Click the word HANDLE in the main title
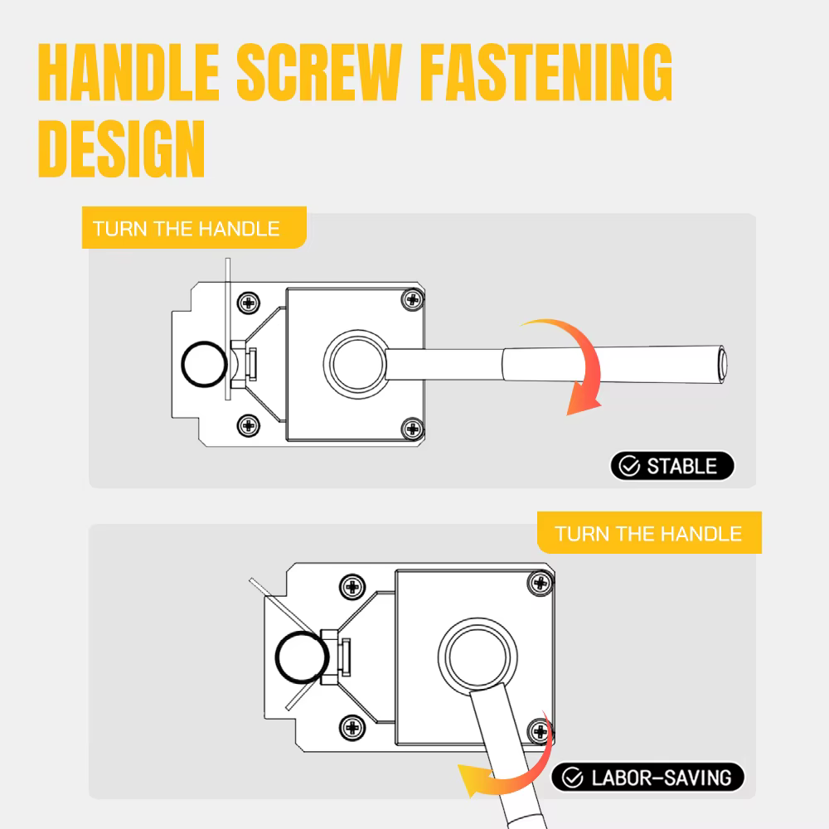point(128,72)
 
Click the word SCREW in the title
point(319,72)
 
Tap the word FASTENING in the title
point(546,72)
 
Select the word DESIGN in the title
point(121,148)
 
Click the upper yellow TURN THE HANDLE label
point(194,228)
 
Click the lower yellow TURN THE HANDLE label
point(649,533)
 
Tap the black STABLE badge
point(672,466)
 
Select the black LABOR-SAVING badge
point(647,778)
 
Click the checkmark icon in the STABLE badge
point(629,466)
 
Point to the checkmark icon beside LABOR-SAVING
point(572,778)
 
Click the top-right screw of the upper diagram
point(413,300)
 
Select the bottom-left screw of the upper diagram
point(249,425)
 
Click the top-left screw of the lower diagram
point(352,586)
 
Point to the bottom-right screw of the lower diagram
point(541,732)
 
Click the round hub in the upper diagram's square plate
point(356,364)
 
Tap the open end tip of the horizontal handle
point(723,365)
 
